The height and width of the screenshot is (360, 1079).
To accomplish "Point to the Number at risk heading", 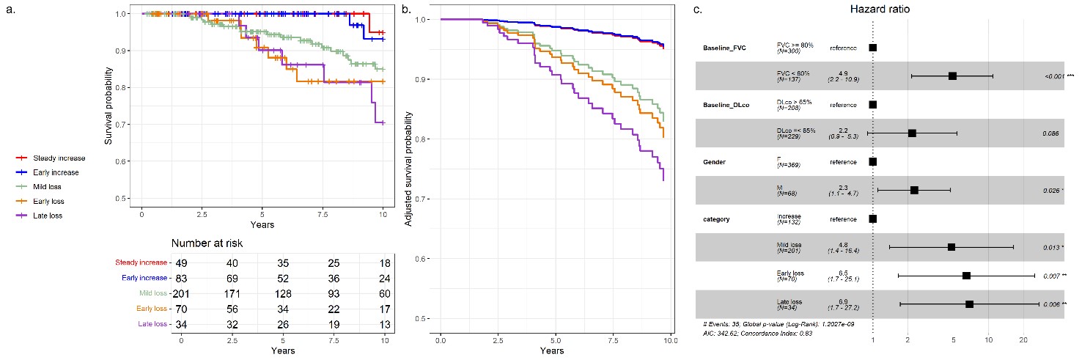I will click(x=207, y=243).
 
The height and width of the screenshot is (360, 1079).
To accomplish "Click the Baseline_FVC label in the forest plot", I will click(x=723, y=48).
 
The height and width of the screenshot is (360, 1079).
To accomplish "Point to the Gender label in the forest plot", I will click(x=715, y=161).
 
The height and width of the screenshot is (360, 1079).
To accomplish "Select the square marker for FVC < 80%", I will click(x=952, y=76).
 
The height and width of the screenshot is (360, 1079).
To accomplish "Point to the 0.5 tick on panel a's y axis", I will click(x=128, y=198).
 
